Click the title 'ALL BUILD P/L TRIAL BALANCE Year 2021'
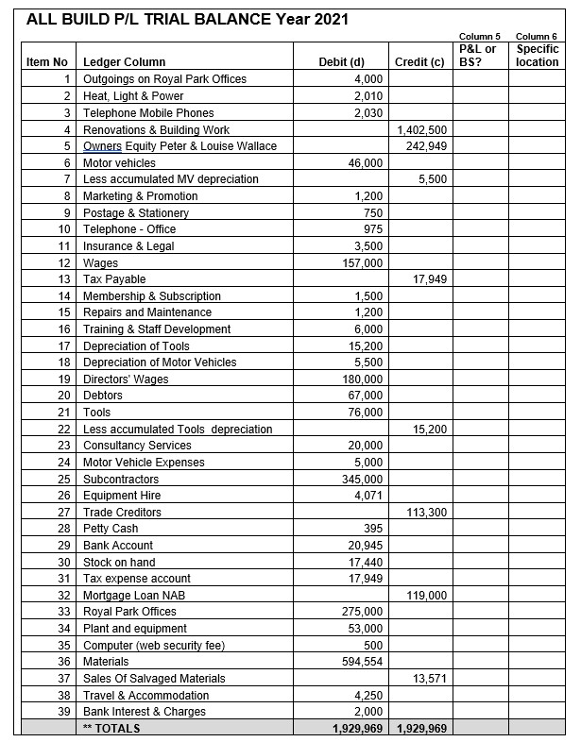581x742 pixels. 188,18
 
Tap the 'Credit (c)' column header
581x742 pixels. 419,62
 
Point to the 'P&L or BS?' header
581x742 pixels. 477,55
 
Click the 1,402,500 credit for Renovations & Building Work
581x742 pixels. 423,129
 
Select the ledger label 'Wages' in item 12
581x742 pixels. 101,262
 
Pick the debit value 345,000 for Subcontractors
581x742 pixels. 364,480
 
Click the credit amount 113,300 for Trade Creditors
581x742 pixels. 427,513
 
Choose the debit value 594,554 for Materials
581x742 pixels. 364,662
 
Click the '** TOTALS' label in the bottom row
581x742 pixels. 111,729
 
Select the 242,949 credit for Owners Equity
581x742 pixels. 427,146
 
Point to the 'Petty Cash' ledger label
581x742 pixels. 111,529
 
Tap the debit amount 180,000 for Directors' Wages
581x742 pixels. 364,379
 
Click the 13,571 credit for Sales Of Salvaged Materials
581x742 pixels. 430,679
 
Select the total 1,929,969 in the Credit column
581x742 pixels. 420,729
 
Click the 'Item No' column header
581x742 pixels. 46,62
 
